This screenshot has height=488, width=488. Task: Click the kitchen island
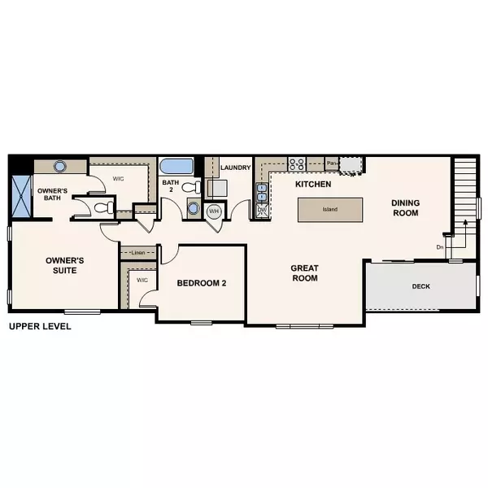[329, 210]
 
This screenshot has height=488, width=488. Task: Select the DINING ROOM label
[404, 208]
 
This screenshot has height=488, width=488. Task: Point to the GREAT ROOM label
[306, 272]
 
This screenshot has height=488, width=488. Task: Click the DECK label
[420, 286]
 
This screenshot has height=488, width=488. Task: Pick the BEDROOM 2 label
[201, 283]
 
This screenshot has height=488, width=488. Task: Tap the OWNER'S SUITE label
[65, 265]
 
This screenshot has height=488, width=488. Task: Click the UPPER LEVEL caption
[40, 327]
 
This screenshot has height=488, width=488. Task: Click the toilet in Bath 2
[190, 187]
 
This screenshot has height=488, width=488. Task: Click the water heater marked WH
[214, 211]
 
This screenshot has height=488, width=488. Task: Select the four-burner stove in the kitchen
[294, 163]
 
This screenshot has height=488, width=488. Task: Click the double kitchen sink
[262, 192]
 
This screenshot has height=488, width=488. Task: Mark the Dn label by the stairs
[440, 246]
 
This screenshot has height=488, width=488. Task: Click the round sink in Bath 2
[192, 207]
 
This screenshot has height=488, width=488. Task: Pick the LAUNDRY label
[235, 168]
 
